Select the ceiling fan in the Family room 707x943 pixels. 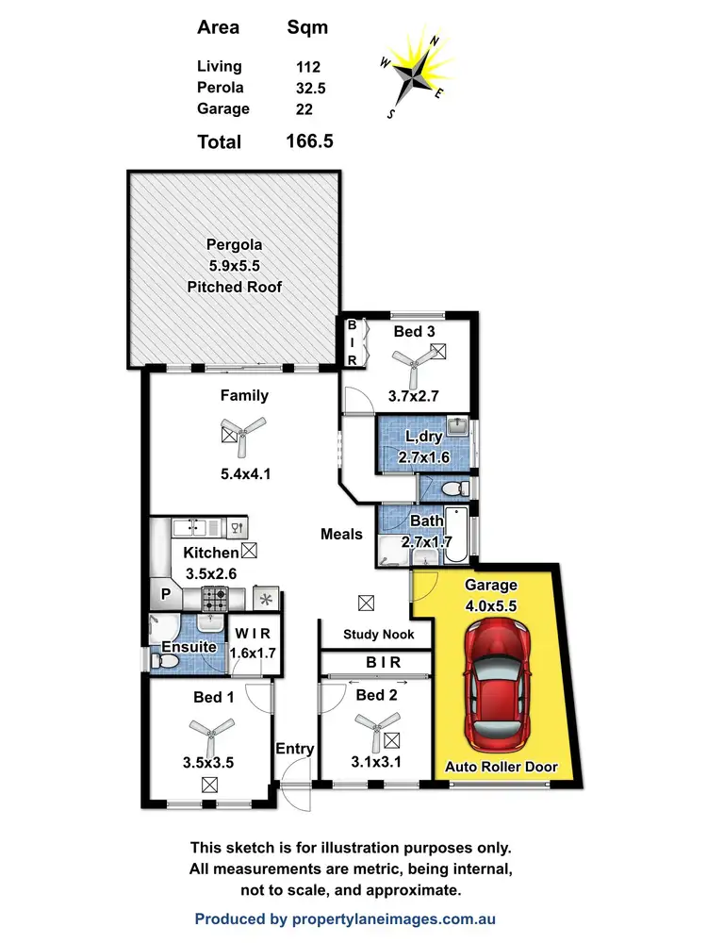coord(243,433)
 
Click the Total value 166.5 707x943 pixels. coord(309,141)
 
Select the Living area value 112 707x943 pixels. coord(308,67)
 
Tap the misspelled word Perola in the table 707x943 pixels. coord(220,88)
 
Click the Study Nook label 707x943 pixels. coord(378,635)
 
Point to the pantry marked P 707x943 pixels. coord(166,596)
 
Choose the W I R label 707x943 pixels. coord(253,633)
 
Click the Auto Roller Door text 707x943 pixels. coord(501,768)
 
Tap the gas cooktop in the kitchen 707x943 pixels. coord(215,597)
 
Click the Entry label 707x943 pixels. coord(294,749)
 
